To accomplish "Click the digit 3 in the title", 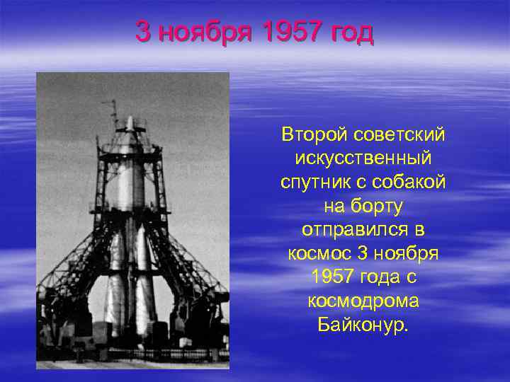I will [x=144, y=32].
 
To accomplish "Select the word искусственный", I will [x=363, y=158].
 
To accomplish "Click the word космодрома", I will [x=363, y=301].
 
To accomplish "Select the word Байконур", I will [x=363, y=325].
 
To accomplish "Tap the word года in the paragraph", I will [x=380, y=277].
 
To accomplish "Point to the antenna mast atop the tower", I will [x=113, y=113].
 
